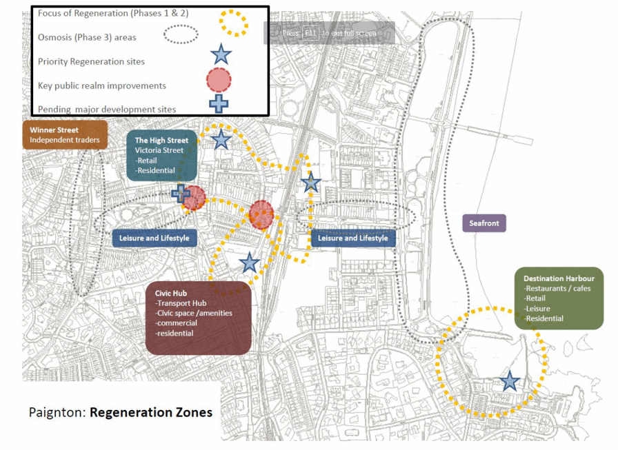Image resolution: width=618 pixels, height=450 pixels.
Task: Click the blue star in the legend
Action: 220,54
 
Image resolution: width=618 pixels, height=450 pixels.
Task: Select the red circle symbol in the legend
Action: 219,80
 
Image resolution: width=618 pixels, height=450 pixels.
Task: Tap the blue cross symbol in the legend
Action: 219,103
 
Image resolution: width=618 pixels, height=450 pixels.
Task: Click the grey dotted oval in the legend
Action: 181,34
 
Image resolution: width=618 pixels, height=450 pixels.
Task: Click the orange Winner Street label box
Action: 65,135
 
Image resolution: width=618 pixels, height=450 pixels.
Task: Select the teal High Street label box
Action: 162,155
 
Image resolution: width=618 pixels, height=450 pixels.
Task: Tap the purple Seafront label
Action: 484,223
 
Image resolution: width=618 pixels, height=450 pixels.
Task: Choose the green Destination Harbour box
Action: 559,298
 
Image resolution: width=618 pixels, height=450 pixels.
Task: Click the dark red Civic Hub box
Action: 198,318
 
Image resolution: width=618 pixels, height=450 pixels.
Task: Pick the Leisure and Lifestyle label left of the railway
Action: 154,238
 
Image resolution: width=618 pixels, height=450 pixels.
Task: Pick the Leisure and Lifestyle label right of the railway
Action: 353,238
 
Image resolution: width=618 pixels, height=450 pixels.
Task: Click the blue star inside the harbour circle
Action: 510,381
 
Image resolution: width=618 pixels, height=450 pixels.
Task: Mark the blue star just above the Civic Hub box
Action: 249,263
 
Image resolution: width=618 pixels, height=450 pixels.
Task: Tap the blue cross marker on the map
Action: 181,193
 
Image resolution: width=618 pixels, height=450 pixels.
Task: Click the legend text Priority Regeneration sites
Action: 91,61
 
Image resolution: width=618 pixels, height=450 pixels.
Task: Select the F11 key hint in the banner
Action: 311,33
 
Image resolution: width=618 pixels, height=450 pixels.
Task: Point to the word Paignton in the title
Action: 57,413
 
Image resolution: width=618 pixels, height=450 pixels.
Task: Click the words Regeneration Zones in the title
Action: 151,413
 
